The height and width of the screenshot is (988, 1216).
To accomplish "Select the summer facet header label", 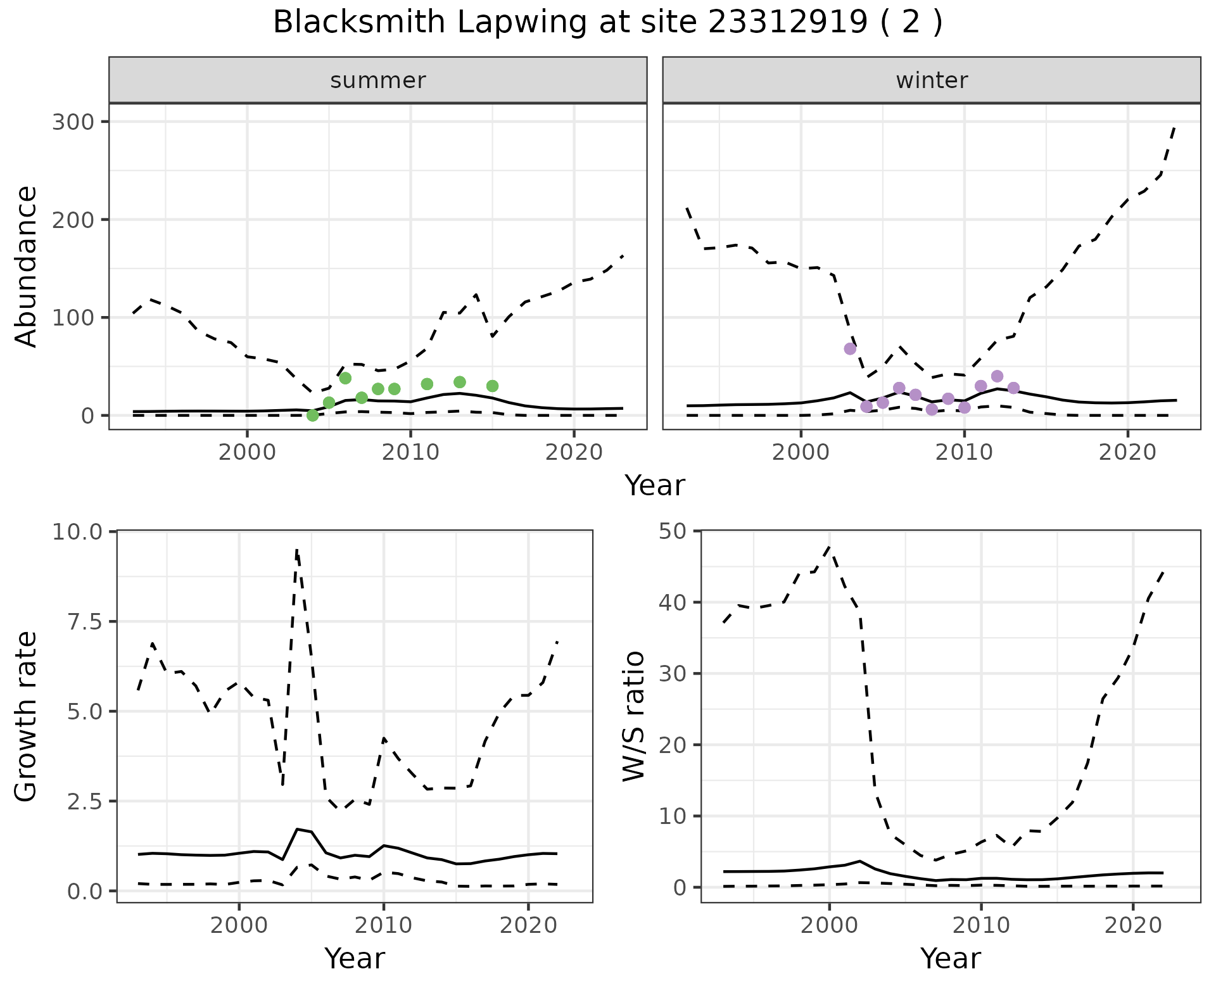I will pos(378,80).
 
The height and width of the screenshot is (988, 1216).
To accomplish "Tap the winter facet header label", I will pos(932,80).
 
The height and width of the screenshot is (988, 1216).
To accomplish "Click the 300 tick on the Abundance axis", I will pos(72,122).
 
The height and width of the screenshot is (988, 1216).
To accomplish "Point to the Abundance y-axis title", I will pos(27,266).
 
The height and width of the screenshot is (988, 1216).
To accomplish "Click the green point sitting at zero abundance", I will pos(312,415).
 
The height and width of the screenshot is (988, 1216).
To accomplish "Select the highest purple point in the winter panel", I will pos(850,349).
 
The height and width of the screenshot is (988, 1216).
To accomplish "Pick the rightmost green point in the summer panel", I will pos(492,386).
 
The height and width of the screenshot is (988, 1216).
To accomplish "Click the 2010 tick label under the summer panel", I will pos(410,452).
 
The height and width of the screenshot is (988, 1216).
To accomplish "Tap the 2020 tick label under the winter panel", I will pos(1127,452).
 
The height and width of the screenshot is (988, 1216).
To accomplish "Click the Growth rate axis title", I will pos(27,717).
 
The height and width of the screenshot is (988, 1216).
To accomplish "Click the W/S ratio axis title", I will pos(633,716).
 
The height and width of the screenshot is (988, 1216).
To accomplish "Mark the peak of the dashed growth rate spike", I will pos(296,550).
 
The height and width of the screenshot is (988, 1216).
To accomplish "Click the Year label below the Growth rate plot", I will pos(355,959).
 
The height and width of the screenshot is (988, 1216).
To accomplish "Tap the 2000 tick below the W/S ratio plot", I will pos(829,925).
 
